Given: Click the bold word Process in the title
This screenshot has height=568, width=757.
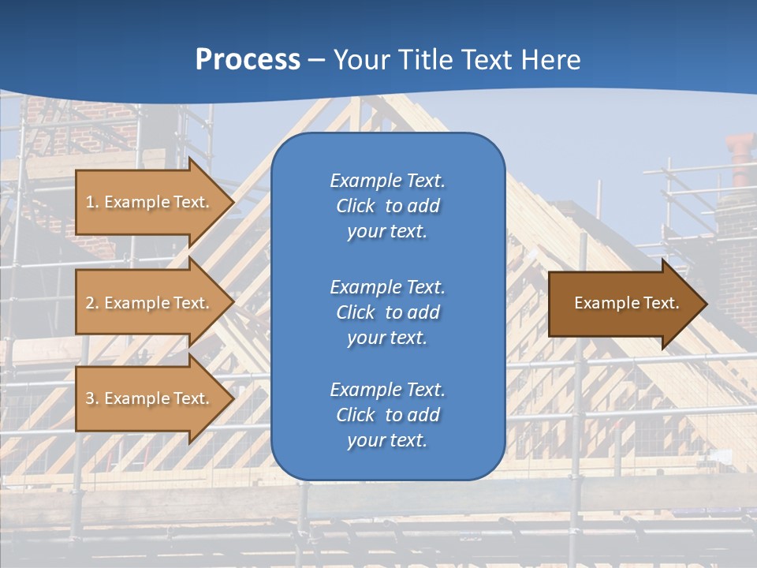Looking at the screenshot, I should (248, 60).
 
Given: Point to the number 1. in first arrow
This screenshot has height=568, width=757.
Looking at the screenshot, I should (92, 202).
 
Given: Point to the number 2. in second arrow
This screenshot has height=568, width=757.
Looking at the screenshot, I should (92, 303).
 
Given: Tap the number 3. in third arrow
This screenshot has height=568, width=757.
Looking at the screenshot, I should (92, 398).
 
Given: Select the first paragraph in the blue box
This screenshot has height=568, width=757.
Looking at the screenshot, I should (387, 206).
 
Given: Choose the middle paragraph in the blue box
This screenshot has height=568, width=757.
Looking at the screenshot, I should (387, 312).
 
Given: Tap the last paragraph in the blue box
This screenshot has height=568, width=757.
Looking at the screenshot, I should (387, 415).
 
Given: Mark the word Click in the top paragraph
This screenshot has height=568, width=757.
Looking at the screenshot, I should (355, 207).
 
